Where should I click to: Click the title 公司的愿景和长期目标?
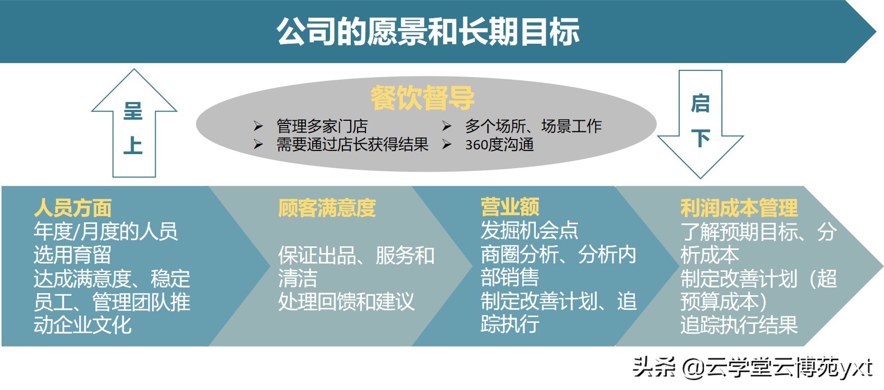(x=428, y=32)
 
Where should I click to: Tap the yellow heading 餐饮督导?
(x=422, y=98)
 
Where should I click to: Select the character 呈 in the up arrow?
(x=133, y=111)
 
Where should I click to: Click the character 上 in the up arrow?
(x=133, y=145)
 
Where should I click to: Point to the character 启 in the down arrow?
(x=701, y=104)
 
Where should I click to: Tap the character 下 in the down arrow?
(x=701, y=138)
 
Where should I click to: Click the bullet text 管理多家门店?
(x=322, y=126)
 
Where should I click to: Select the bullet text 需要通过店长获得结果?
(x=352, y=145)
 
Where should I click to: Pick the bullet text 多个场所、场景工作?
(x=533, y=126)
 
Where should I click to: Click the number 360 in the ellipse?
(x=476, y=145)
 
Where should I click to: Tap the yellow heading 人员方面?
(x=73, y=208)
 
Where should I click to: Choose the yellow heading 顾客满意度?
(x=327, y=208)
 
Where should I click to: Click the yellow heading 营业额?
(x=510, y=207)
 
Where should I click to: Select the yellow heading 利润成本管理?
(x=739, y=208)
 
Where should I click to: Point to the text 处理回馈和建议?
(x=347, y=302)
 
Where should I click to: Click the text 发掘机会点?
(x=529, y=231)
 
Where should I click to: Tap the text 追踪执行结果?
(x=739, y=325)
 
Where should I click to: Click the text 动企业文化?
(x=82, y=325)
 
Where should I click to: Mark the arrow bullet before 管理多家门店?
(x=258, y=126)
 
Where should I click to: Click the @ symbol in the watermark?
(x=693, y=368)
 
